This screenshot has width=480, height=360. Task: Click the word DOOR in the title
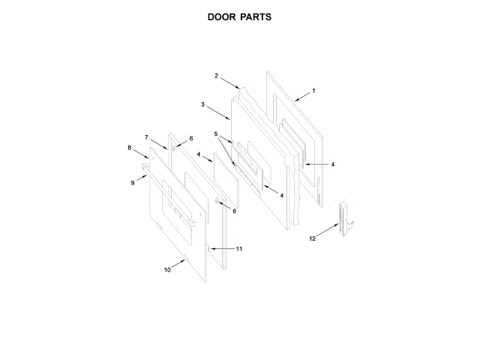tap(222, 16)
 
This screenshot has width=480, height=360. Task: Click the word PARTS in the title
tap(256, 16)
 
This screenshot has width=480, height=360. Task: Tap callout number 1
tap(313, 91)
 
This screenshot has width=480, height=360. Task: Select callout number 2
tap(216, 76)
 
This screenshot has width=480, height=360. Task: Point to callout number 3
tap(203, 104)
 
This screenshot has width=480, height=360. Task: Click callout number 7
tap(146, 137)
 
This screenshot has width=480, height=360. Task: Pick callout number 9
tap(133, 182)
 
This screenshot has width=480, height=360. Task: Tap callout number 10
tap(167, 268)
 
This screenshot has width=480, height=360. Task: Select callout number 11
tap(239, 248)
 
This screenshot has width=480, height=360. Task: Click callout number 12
tap(313, 238)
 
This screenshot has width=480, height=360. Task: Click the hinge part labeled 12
tap(345, 219)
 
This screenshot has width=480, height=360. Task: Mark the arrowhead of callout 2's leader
tap(239, 88)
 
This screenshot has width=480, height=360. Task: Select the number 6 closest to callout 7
tap(190, 139)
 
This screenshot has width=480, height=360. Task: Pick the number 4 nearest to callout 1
tap(332, 163)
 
